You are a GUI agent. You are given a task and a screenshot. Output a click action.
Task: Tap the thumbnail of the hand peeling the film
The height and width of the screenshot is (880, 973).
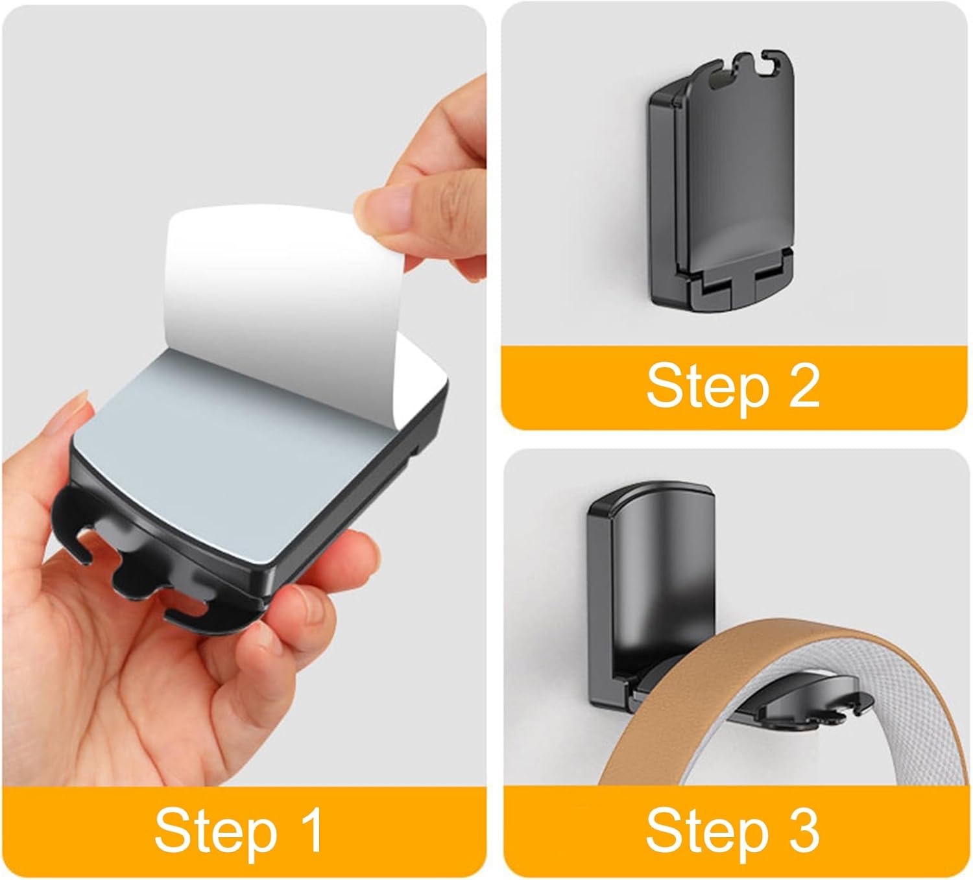tap(383, 209)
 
